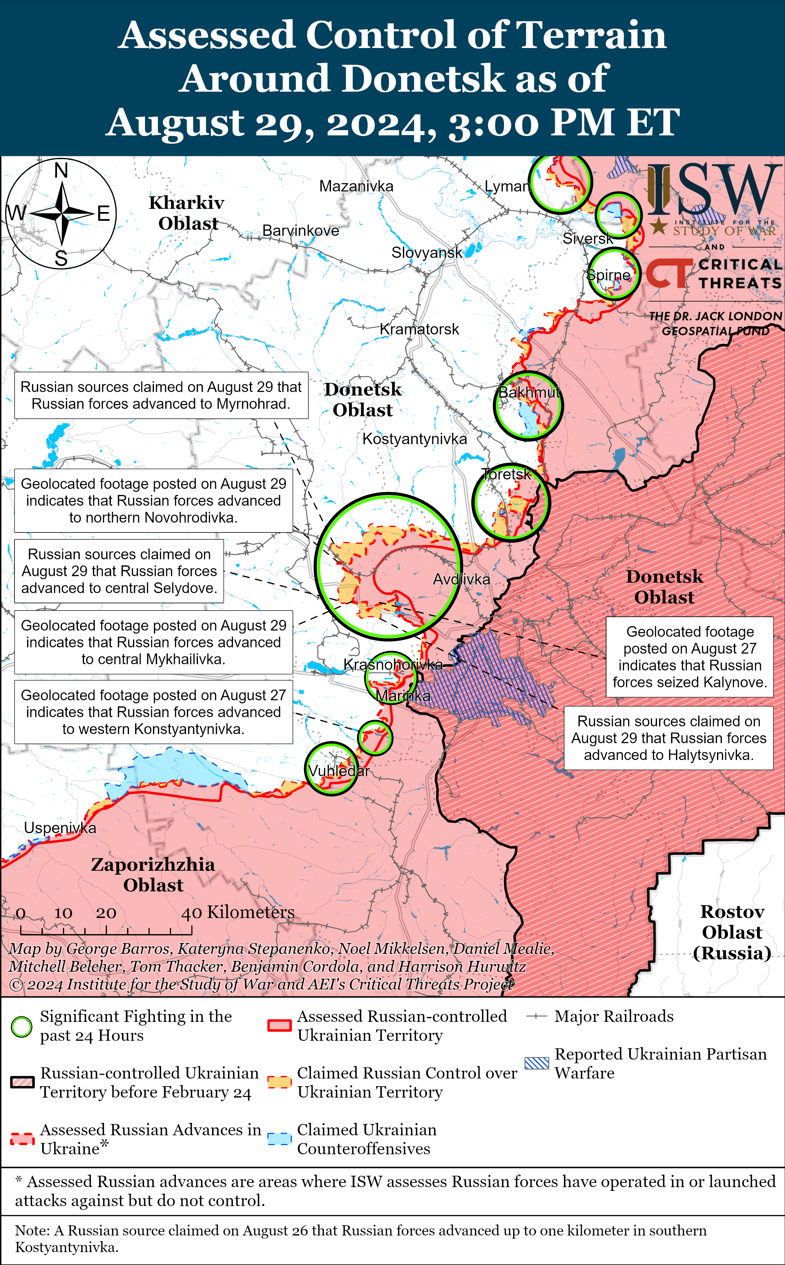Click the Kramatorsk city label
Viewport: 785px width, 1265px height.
pos(420,329)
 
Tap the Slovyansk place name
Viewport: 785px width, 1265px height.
pos(427,253)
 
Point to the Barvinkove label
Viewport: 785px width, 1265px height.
pos(300,231)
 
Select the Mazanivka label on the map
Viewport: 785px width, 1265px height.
pos(356,186)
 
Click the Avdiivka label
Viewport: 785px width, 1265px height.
pos(461,579)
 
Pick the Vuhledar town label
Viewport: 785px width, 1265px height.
pos(339,771)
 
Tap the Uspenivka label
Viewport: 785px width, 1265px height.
pos(60,828)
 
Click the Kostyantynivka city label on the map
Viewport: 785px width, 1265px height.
pos(414,439)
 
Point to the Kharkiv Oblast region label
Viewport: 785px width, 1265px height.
pos(187,213)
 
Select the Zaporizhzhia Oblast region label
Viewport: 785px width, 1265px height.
pos(153,875)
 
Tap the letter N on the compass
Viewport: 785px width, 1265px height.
pos(61,170)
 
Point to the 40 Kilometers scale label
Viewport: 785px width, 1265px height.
pos(238,913)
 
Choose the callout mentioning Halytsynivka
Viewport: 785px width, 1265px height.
pos(669,738)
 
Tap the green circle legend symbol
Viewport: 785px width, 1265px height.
pos(22,1026)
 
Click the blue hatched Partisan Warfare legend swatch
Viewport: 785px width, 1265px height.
pos(536,1063)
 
